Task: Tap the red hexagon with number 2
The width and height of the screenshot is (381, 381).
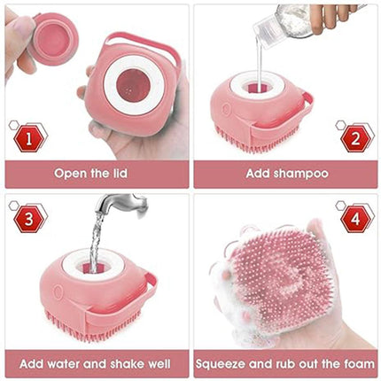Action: [354, 137]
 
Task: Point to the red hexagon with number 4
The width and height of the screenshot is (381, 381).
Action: [354, 217]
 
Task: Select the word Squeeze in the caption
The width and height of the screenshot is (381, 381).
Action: [227, 363]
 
